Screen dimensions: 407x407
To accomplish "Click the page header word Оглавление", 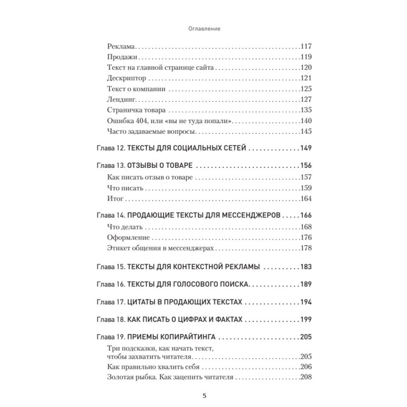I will [203, 30].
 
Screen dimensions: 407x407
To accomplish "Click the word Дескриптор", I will [127, 78].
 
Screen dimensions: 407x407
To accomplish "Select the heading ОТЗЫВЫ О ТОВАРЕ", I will [160, 166].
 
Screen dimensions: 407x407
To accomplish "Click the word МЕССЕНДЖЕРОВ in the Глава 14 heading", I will [251, 215].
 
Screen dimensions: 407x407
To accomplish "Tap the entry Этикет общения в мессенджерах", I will [160, 248].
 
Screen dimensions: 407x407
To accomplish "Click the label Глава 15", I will [109, 267].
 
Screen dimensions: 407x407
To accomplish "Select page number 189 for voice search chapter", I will [306, 284].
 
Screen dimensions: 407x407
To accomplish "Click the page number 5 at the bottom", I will [203, 396].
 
